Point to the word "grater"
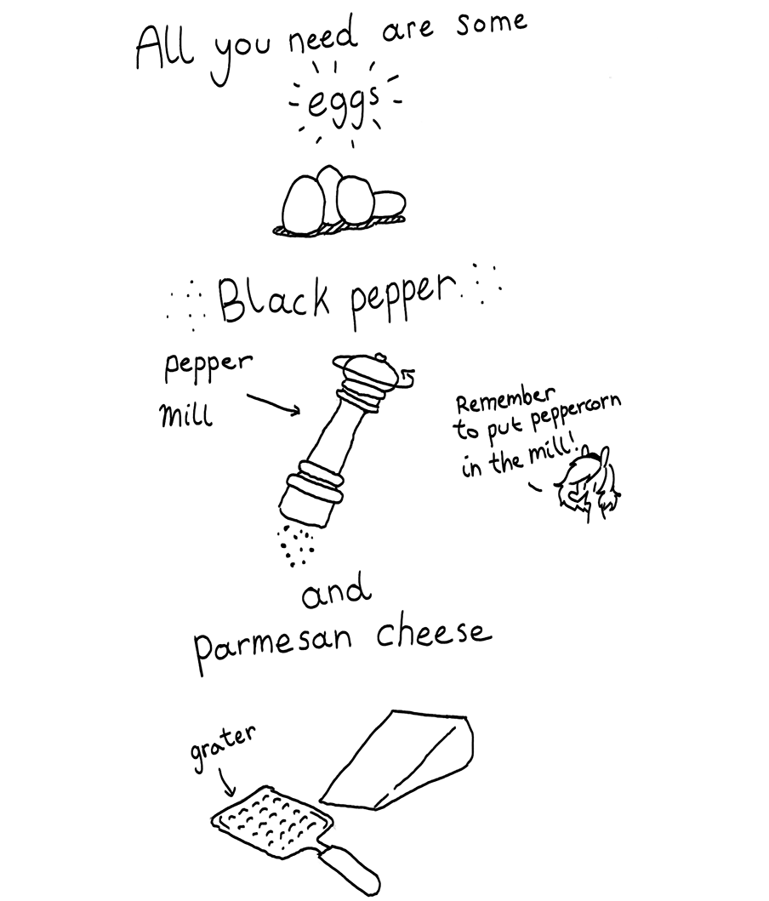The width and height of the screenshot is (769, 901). pyautogui.click(x=222, y=747)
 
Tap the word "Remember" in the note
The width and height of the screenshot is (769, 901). pyautogui.click(x=506, y=399)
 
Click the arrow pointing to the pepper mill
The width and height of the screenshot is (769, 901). pyautogui.click(x=274, y=403)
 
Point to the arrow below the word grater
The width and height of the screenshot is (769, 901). pyautogui.click(x=226, y=784)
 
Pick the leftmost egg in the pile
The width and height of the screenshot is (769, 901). pyautogui.click(x=301, y=204)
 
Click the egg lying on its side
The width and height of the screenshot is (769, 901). pyautogui.click(x=389, y=204)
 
